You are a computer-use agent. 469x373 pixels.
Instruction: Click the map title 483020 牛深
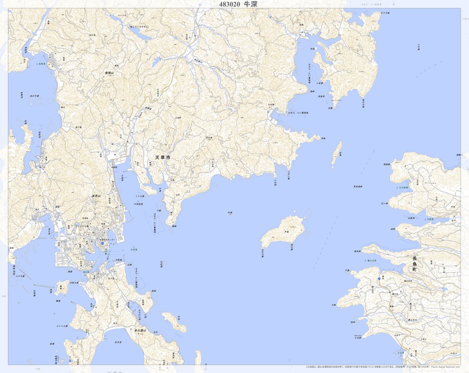(238, 4)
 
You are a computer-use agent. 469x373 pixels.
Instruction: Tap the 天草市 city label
(162, 158)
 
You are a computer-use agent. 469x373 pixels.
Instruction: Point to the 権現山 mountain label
(110, 72)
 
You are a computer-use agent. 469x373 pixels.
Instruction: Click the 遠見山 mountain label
(96, 196)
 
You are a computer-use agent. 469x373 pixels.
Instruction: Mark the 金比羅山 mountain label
(141, 330)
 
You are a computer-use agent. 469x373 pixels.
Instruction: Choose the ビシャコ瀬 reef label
(62, 326)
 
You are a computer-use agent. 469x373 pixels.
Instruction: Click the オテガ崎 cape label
(385, 13)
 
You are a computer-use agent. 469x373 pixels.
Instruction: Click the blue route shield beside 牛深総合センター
(102, 243)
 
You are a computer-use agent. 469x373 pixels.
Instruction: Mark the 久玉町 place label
(178, 118)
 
